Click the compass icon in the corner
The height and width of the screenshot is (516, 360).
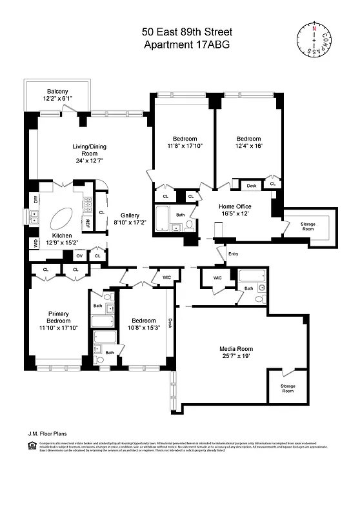coord(315,39)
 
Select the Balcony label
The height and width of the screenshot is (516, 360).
coord(58,91)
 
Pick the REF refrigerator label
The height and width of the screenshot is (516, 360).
coord(88,223)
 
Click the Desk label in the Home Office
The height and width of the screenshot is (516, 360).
coord(251,186)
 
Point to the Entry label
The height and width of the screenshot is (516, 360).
coord(234,253)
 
